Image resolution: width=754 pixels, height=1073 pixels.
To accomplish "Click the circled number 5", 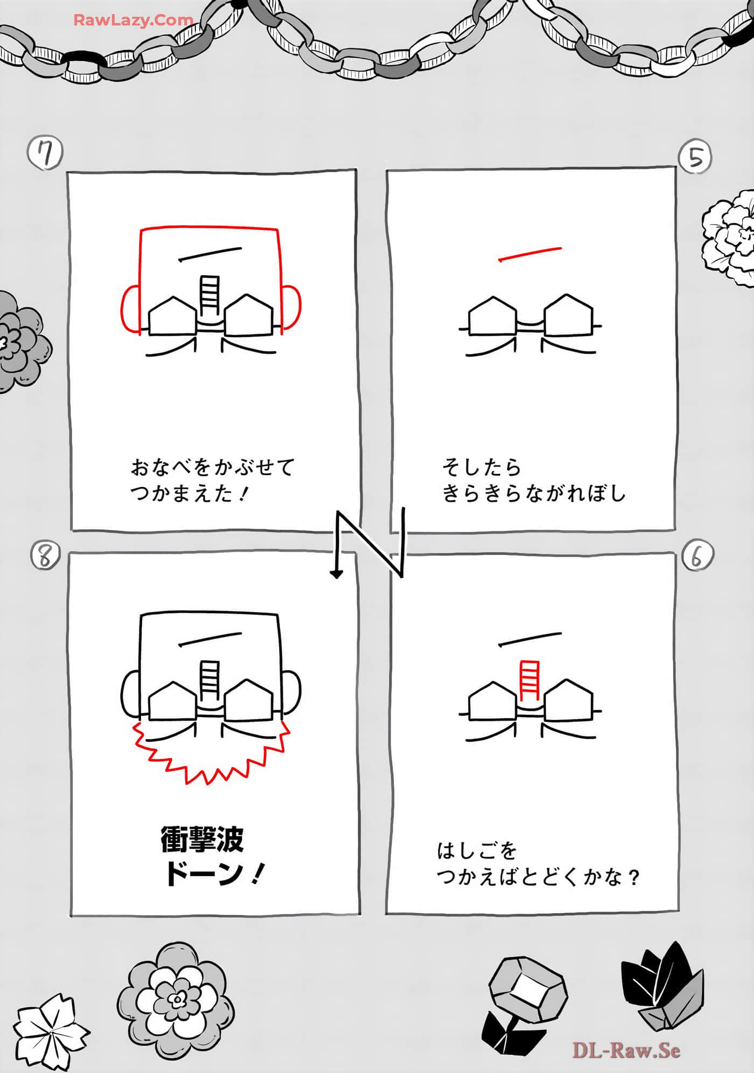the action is click(695, 157).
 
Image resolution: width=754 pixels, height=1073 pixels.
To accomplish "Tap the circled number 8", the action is click(45, 556).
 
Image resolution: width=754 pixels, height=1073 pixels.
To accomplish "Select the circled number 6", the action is click(697, 555).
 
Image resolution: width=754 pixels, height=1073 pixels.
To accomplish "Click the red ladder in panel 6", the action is click(529, 680).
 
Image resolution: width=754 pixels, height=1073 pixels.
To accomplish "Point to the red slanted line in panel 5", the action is click(530, 254).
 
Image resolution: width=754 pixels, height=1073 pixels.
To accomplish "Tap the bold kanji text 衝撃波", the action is click(203, 839).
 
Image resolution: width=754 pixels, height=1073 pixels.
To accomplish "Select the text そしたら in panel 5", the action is click(481, 467).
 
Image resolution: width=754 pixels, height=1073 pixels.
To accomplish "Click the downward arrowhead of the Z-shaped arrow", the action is click(337, 574).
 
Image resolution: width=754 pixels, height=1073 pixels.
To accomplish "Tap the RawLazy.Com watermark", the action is click(133, 20).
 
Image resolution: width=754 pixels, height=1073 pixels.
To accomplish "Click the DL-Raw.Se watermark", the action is click(626, 1050).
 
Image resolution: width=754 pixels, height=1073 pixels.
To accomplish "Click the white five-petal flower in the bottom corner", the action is click(51, 1031).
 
